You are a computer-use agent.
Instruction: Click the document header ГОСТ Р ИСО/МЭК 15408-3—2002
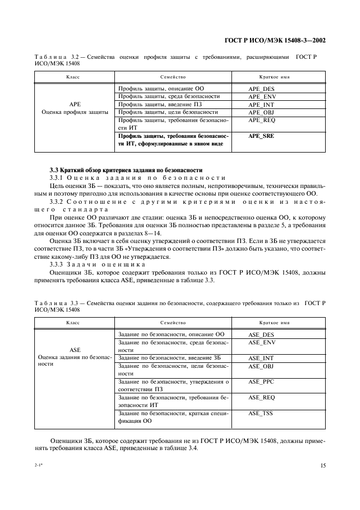tap(275, 40)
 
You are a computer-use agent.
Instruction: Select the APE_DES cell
tap(261, 88)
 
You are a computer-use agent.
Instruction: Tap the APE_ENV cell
tap(261, 96)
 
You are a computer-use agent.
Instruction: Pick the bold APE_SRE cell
tap(261, 136)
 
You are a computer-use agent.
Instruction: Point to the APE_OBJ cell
tap(261, 112)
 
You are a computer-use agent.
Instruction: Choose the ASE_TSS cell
tap(261, 414)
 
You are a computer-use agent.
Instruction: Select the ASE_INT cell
tap(261, 358)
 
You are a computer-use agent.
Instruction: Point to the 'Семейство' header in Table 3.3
tap(173, 323)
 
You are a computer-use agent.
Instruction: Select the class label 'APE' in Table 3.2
tap(75, 104)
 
